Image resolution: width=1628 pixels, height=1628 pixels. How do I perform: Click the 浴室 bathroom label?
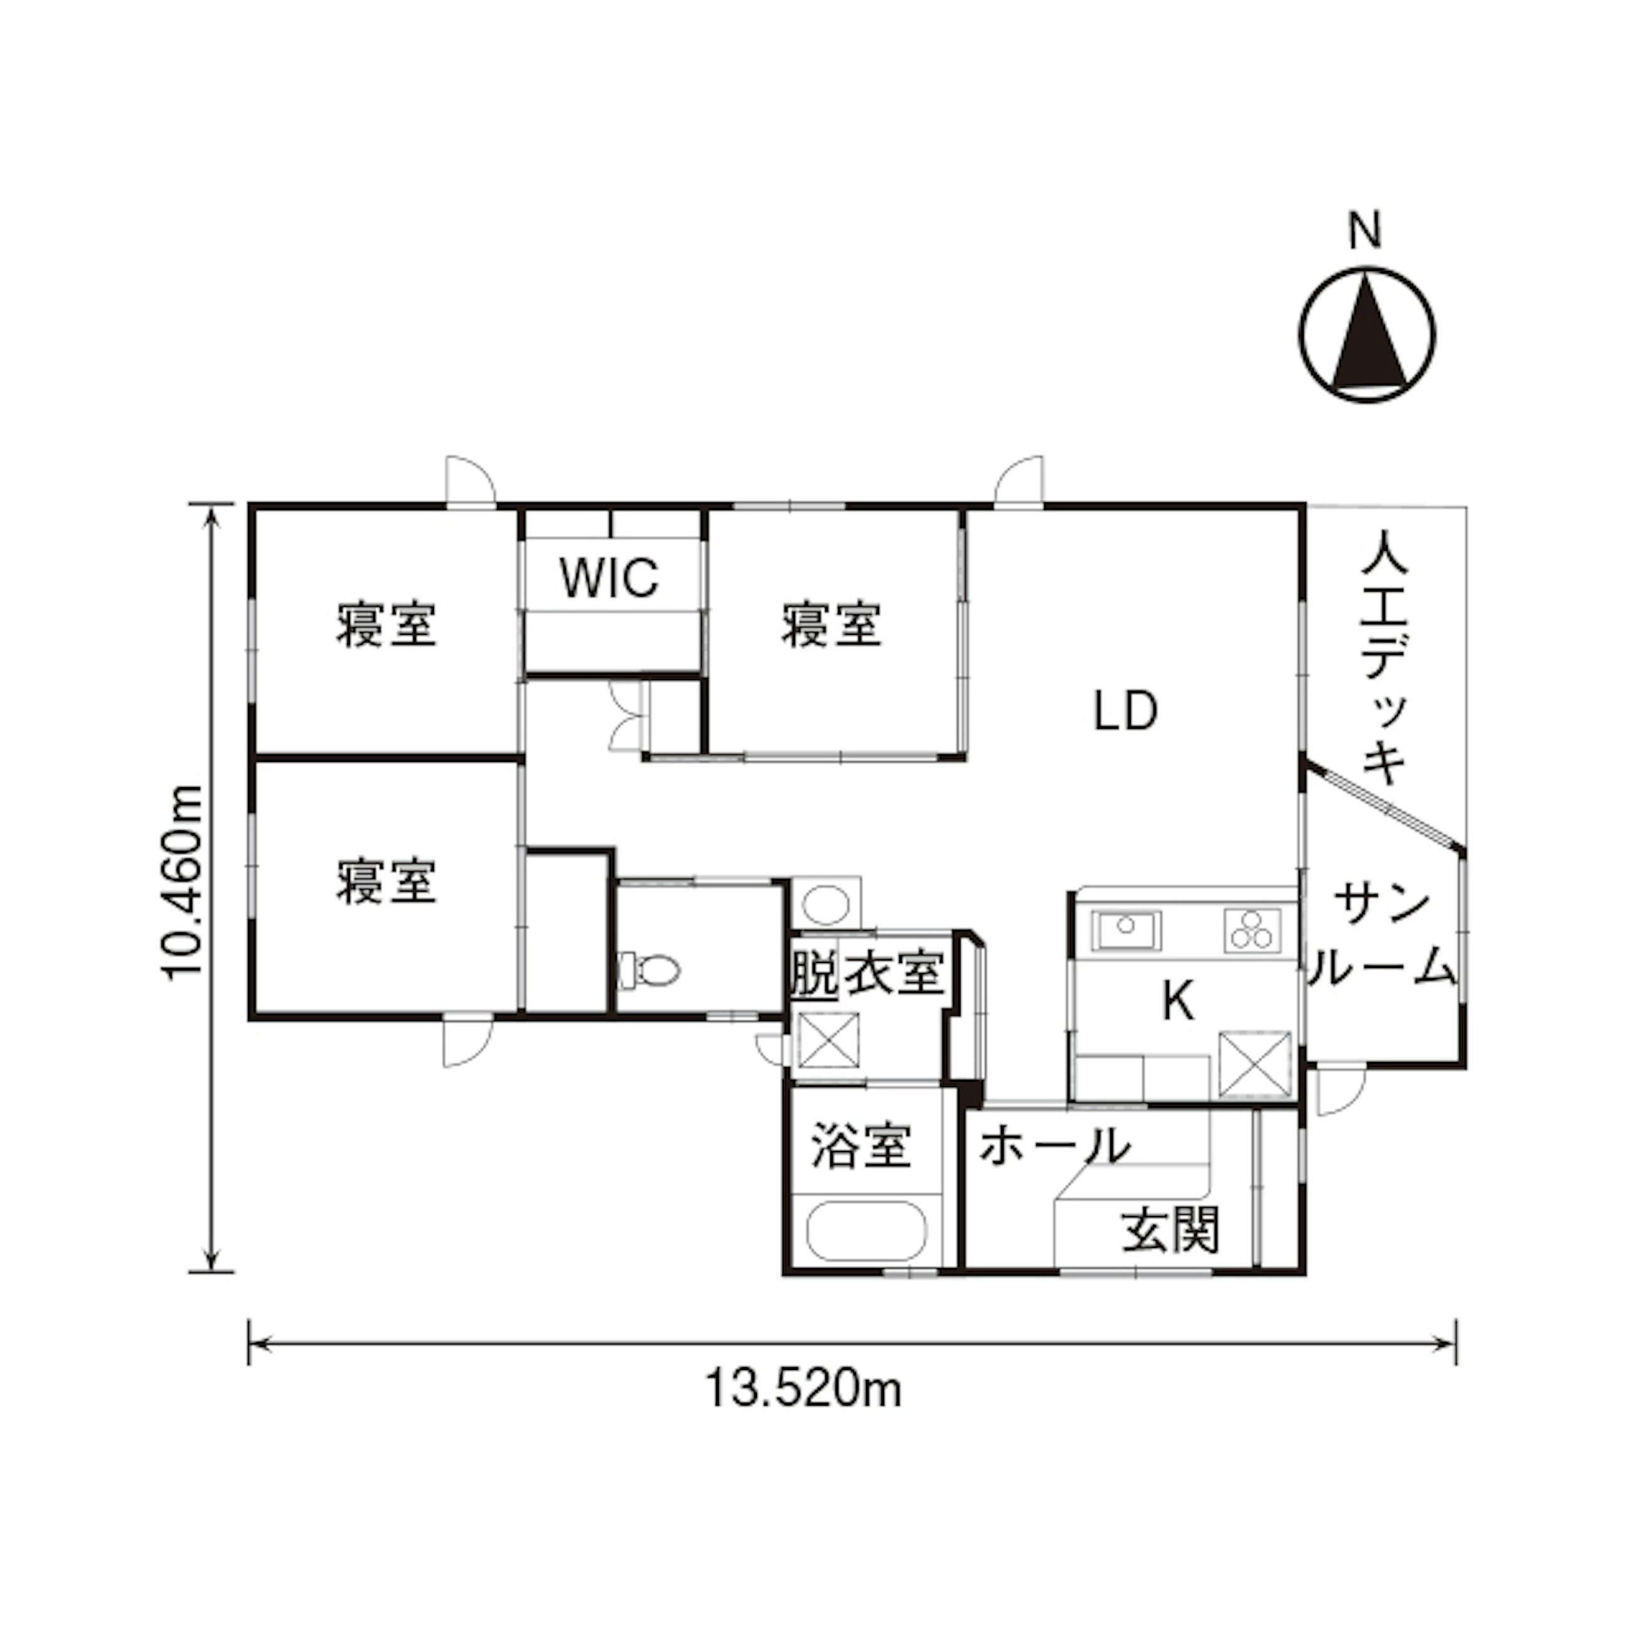pos(861,1145)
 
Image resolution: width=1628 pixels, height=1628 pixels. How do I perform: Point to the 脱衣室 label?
pos(866,973)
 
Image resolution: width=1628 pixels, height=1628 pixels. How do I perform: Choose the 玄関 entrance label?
pos(1170,1231)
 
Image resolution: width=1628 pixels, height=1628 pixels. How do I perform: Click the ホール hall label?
pos(1053,1145)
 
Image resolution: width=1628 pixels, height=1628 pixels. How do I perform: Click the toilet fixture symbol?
pos(648,970)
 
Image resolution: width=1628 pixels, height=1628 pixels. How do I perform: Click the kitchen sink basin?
pos(1126,929)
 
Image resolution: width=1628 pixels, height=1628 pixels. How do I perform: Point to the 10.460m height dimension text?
pos(183,882)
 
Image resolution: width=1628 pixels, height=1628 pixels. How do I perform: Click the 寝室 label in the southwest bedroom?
pos(387,882)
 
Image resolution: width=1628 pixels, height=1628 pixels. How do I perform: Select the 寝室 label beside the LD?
pos(832,624)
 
